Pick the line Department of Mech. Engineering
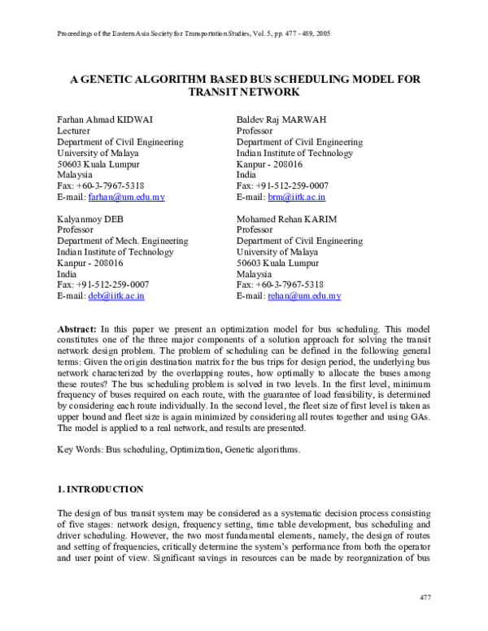click(x=122, y=242)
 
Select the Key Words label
click(x=81, y=450)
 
